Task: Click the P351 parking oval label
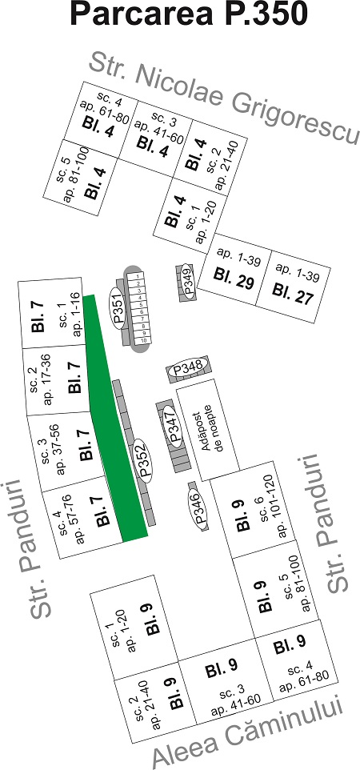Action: tap(118, 307)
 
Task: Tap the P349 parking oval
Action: tap(186, 280)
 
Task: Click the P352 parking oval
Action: tap(143, 459)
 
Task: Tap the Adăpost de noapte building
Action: tap(208, 430)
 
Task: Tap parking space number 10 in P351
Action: tap(144, 340)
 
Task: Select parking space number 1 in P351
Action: tap(138, 276)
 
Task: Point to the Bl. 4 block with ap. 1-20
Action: tap(190, 216)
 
